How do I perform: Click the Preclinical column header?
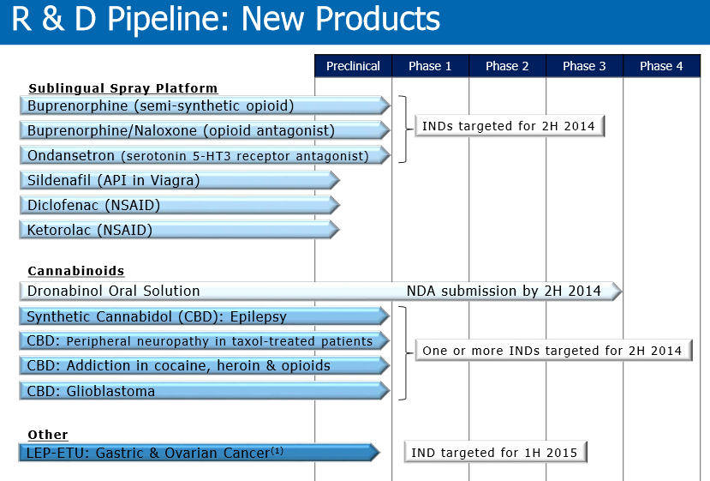(353, 66)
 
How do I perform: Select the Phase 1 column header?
(430, 66)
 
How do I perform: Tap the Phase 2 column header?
(507, 66)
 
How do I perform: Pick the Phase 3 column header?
(584, 66)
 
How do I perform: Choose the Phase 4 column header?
(661, 66)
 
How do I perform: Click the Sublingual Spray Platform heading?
(122, 88)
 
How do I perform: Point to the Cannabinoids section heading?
(76, 271)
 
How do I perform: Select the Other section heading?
(48, 435)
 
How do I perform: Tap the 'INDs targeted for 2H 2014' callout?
(510, 126)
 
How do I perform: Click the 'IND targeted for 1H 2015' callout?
(495, 453)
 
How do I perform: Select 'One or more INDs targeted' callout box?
(552, 351)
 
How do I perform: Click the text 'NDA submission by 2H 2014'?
(504, 291)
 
